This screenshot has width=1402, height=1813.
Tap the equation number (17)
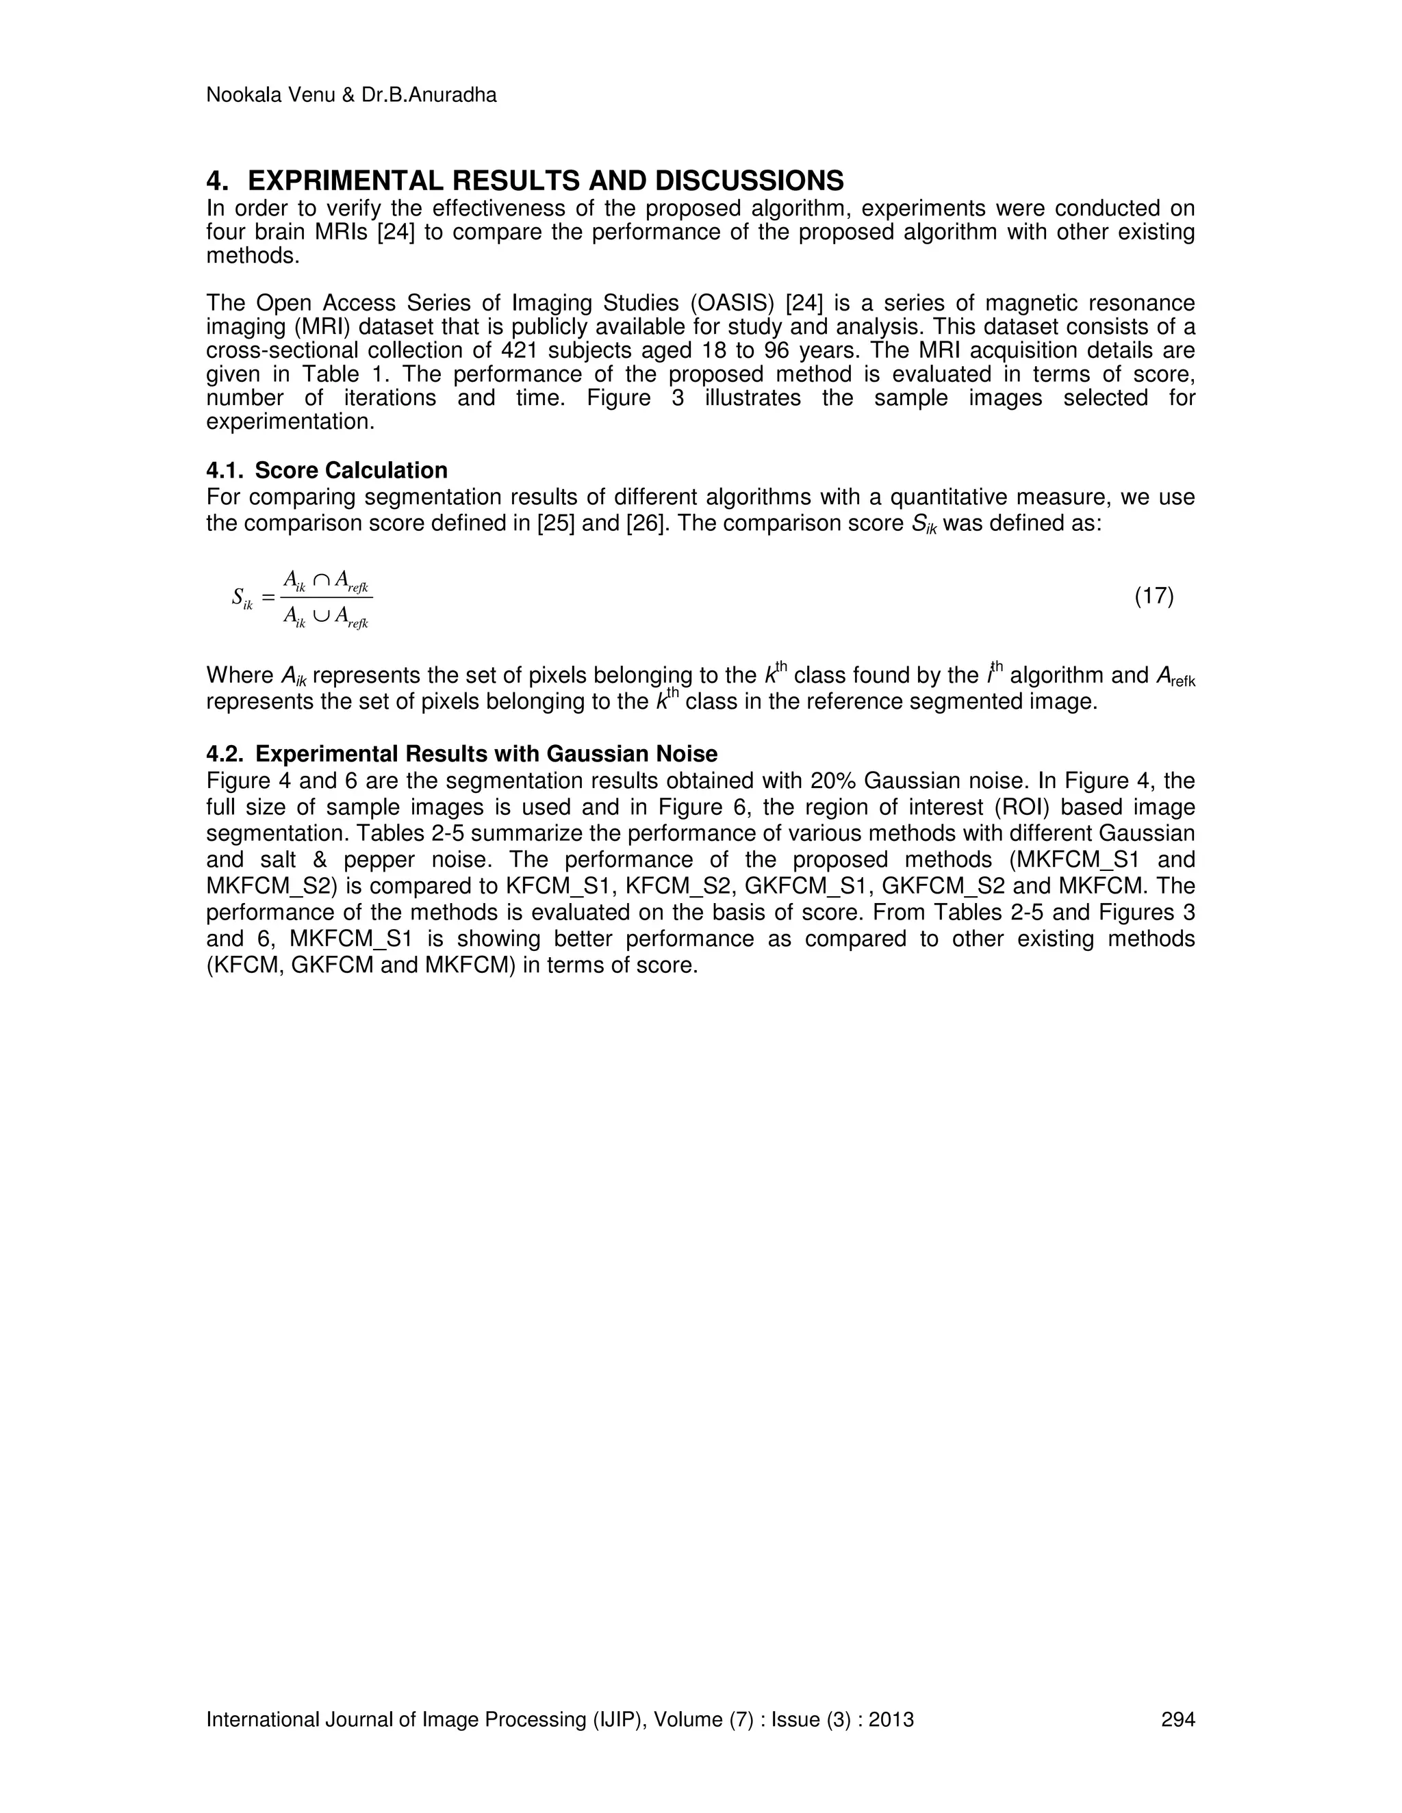[x=1154, y=596]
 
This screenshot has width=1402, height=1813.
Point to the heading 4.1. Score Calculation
[x=327, y=471]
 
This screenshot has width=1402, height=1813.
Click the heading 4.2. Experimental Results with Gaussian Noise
[x=462, y=754]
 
